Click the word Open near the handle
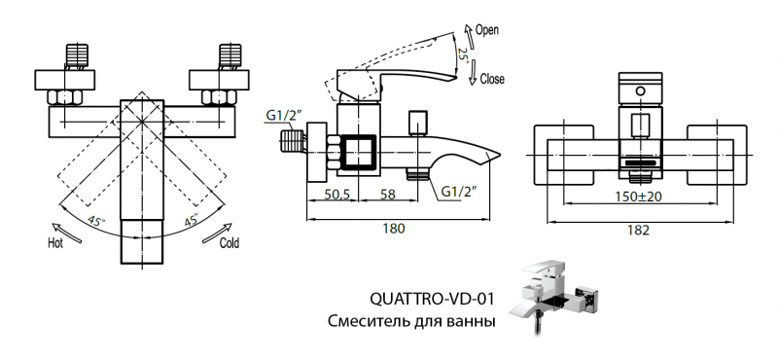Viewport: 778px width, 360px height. pos(487,30)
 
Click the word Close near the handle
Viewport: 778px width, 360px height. pos(492,79)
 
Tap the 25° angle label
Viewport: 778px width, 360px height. pos(465,55)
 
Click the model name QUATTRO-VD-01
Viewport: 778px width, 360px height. pos(427,299)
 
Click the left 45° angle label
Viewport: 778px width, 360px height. pos(96,220)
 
